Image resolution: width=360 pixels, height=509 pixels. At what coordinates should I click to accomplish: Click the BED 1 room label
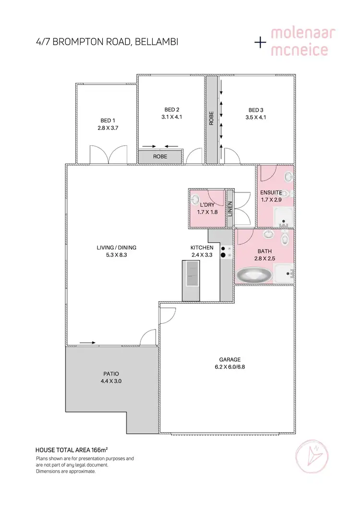point(108,120)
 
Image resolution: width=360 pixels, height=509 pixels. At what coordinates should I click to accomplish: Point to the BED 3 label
point(256,109)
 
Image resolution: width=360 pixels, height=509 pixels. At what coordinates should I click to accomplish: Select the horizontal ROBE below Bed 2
point(160,156)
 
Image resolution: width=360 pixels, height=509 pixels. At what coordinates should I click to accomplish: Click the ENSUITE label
point(271,192)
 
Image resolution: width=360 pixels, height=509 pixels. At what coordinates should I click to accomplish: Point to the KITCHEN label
point(202,248)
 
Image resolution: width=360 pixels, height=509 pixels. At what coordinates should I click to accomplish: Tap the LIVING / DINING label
point(117,248)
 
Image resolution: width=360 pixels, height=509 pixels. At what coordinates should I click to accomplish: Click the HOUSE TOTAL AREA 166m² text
point(72,450)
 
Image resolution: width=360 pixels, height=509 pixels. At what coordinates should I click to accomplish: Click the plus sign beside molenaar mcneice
point(260,42)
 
